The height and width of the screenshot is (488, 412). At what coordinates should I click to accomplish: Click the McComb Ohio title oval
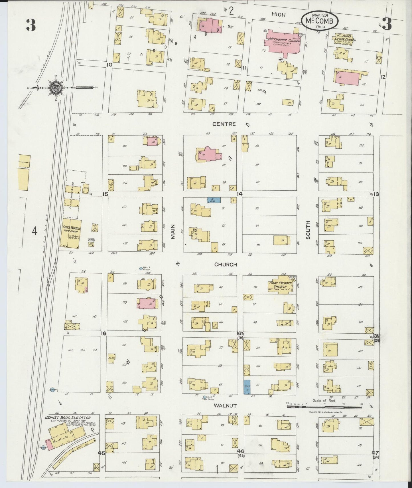tap(320, 21)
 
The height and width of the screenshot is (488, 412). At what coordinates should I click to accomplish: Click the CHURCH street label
tap(226, 265)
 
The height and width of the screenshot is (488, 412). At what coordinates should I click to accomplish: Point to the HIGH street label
tap(278, 15)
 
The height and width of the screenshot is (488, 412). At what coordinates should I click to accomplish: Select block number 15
tap(105, 194)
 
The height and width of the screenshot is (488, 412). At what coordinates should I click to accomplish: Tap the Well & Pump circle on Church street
tap(141, 269)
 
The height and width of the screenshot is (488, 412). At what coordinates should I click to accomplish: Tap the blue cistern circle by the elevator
tap(43, 447)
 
